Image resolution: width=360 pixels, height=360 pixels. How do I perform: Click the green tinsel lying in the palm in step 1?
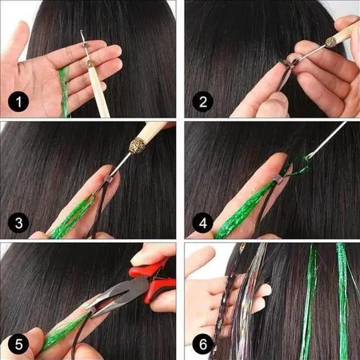(65, 90)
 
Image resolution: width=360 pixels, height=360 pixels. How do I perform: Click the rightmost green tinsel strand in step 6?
(341, 298)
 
